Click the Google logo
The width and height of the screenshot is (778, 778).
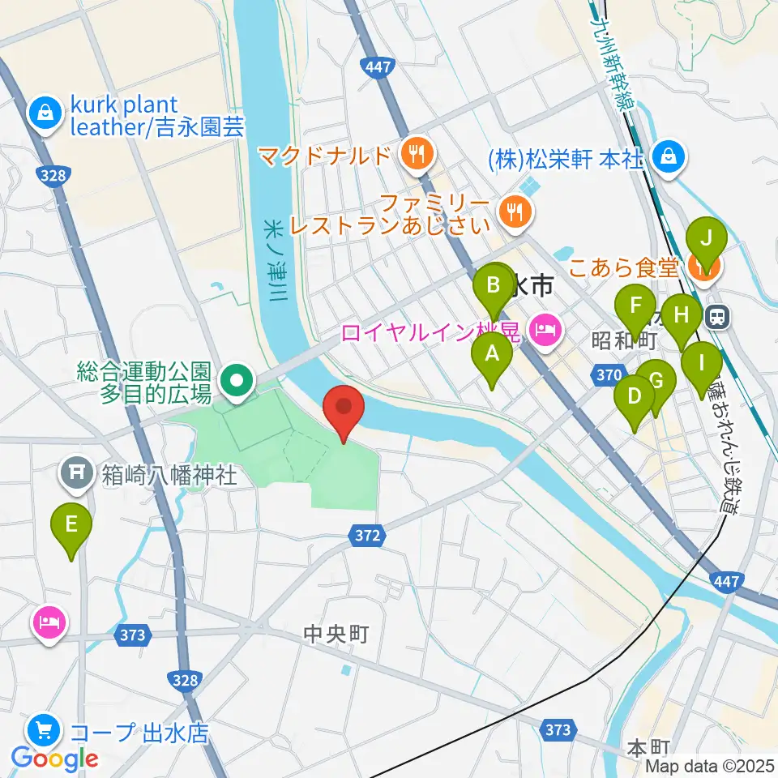coord(54,759)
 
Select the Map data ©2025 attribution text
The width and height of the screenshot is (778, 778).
coord(710,766)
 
